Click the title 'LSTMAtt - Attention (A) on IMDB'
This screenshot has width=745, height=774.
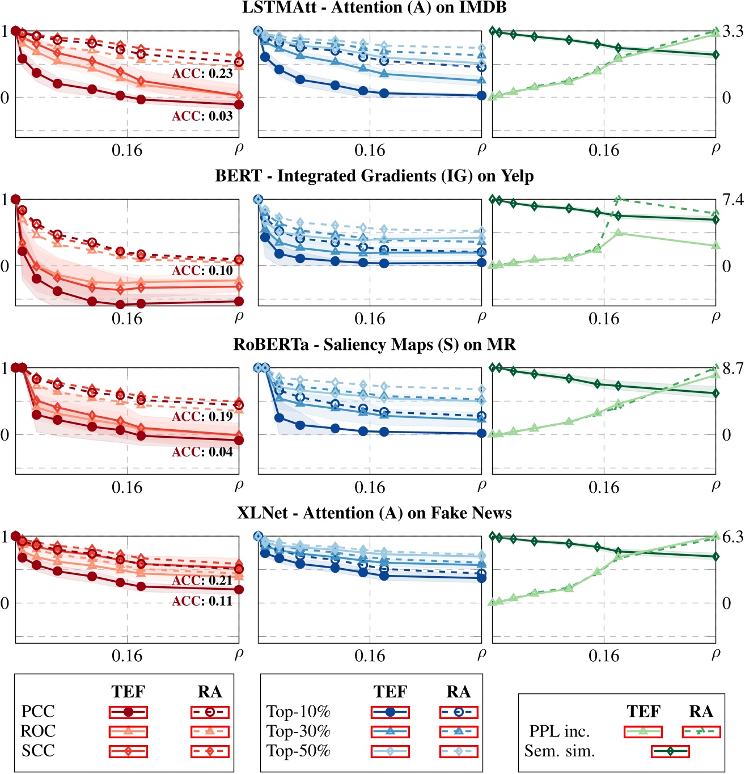click(x=374, y=8)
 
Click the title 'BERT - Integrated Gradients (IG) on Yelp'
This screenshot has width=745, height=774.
click(x=374, y=176)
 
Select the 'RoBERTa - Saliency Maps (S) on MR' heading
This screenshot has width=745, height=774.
click(x=374, y=345)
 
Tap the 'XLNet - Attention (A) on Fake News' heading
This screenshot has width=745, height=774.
click(x=374, y=513)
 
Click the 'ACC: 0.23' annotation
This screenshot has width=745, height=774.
click(x=202, y=74)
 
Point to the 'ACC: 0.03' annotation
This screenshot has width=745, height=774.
click(x=202, y=116)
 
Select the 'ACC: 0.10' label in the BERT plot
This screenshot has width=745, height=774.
click(x=202, y=270)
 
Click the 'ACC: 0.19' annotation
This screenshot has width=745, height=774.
click(x=202, y=417)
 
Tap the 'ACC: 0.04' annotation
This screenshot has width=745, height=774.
click(x=202, y=452)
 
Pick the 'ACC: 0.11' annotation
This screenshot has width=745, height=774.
click(x=202, y=601)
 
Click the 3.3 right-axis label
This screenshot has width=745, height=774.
click(x=732, y=32)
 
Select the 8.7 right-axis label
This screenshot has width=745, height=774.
click(x=732, y=369)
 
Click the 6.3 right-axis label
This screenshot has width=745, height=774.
click(x=732, y=537)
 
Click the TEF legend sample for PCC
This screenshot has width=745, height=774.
click(x=128, y=712)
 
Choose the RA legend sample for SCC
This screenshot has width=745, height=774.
click(x=210, y=751)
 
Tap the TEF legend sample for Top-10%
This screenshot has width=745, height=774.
click(x=390, y=712)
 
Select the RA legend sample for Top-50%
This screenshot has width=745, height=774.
click(x=459, y=751)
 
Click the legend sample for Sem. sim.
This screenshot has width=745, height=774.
click(x=670, y=751)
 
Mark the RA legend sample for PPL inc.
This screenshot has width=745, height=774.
click(x=701, y=731)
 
